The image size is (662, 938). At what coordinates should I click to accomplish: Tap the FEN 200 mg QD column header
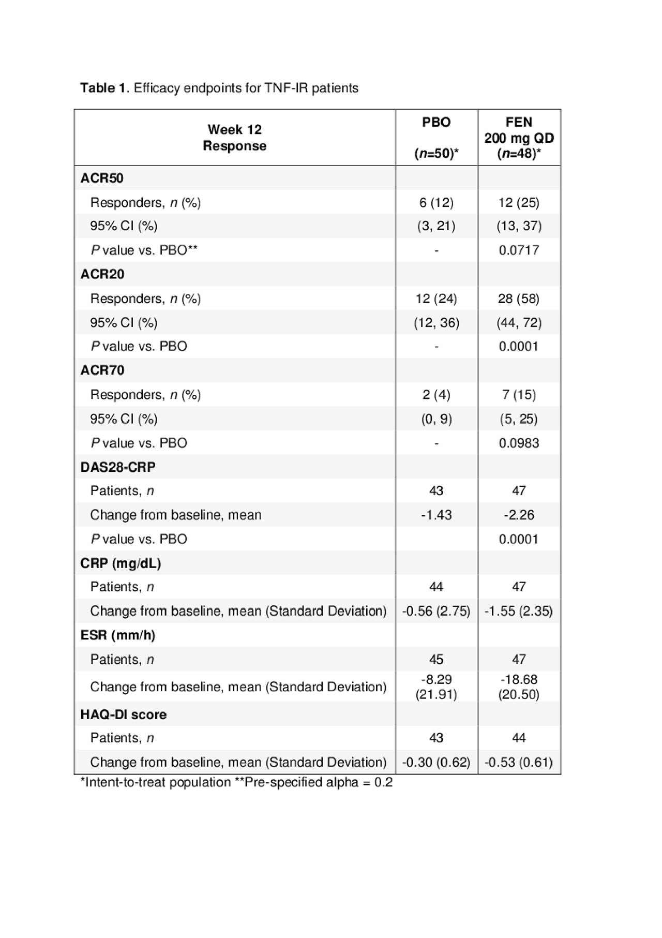pyautogui.click(x=519, y=138)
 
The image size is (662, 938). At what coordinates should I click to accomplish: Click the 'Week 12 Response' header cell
pyautogui.click(x=234, y=138)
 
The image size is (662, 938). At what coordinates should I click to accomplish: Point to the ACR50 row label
pyautogui.click(x=102, y=178)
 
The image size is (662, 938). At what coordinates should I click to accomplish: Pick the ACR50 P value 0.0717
pyautogui.click(x=519, y=250)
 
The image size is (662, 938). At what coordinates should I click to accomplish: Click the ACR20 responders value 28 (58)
pyautogui.click(x=519, y=299)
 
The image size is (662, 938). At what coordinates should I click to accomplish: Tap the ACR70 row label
pyautogui.click(x=102, y=370)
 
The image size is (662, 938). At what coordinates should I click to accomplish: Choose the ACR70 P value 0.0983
pyautogui.click(x=519, y=443)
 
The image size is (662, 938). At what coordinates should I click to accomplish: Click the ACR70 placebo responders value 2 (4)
pyautogui.click(x=437, y=395)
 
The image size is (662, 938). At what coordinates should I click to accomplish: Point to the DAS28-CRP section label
pyautogui.click(x=118, y=467)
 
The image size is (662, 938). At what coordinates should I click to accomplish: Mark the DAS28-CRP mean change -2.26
pyautogui.click(x=519, y=515)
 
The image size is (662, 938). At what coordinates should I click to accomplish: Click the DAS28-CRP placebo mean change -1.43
pyautogui.click(x=437, y=515)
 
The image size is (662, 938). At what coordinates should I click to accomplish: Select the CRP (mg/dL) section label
pyautogui.click(x=121, y=563)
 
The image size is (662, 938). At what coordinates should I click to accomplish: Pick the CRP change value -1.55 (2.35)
pyautogui.click(x=519, y=611)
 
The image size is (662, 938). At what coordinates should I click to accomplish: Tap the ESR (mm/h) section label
pyautogui.click(x=118, y=635)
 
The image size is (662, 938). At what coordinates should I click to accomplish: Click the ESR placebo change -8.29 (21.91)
pyautogui.click(x=437, y=687)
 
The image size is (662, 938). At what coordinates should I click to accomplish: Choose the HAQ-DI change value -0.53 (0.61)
pyautogui.click(x=519, y=762)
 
